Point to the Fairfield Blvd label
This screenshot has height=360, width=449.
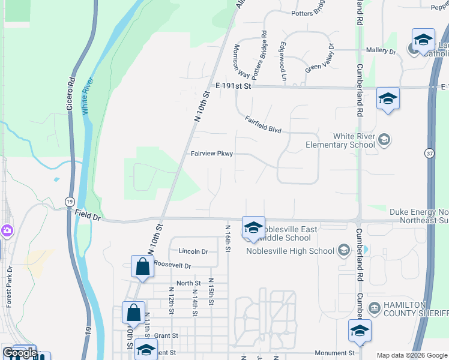(x=263, y=125)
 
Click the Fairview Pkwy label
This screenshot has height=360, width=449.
(x=211, y=154)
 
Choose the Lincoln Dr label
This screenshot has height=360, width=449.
(x=193, y=251)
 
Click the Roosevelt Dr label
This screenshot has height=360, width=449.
(x=172, y=265)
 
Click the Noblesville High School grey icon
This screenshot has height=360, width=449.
(x=344, y=250)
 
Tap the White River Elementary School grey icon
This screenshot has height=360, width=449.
(x=384, y=140)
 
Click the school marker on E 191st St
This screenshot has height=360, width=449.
(x=388, y=98)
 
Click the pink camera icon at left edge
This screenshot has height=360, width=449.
(x=6, y=230)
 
